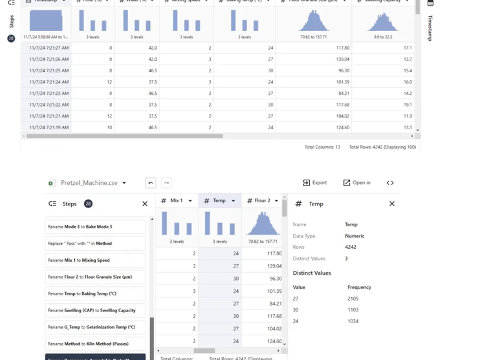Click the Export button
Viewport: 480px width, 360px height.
click(315, 183)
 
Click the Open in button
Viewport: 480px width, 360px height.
click(356, 183)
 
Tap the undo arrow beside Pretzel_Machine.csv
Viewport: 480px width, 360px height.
click(151, 183)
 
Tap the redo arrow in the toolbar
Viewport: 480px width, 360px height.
click(166, 183)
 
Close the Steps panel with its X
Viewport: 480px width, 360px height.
click(145, 204)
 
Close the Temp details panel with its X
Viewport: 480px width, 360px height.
click(391, 204)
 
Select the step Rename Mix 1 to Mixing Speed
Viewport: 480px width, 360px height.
click(95, 260)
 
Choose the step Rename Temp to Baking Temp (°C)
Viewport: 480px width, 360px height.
click(95, 293)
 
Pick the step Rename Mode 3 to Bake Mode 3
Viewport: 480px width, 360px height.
click(95, 227)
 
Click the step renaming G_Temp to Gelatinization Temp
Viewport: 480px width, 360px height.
click(95, 327)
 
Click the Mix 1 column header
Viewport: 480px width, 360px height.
click(175, 201)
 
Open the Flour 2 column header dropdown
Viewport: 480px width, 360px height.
click(276, 201)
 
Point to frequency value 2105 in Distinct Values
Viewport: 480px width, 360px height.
click(353, 299)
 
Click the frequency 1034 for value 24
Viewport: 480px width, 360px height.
click(353, 321)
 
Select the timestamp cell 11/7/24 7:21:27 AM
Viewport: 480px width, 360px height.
click(49, 48)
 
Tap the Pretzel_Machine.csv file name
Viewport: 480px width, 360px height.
click(89, 183)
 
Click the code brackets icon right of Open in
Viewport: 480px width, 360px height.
click(390, 183)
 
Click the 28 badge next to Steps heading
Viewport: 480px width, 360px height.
click(88, 204)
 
